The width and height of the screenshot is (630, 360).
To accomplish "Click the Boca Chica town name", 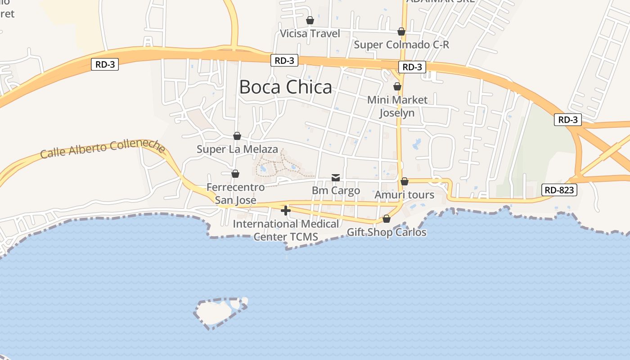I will tap(285, 87).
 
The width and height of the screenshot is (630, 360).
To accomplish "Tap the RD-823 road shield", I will tap(559, 190).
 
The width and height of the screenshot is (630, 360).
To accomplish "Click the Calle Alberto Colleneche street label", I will tap(103, 149).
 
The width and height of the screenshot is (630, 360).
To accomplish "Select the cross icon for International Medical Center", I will tap(285, 210).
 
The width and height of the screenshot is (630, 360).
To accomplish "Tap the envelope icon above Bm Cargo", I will tap(336, 178).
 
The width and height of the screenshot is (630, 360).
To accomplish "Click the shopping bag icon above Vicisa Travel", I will tap(310, 20).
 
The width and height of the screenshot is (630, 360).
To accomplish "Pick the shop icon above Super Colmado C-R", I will tap(401, 31).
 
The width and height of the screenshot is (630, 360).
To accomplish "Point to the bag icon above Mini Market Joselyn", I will tap(397, 86).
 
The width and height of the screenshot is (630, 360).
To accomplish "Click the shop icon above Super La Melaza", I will tap(237, 136).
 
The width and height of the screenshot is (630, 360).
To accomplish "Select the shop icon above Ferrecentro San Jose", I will tap(235, 174).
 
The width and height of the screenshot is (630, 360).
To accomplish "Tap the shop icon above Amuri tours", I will tap(404, 181).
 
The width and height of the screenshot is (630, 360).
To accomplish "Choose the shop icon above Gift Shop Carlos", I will tap(386, 219).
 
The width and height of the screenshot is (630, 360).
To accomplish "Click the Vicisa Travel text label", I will tap(310, 33).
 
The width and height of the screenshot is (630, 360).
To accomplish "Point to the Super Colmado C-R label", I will tap(401, 45).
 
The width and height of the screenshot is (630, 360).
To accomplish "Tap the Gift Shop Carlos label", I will tap(386, 232).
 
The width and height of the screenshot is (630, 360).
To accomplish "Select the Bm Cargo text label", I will tap(336, 190).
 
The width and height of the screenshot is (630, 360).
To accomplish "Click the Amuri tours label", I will tap(404, 194).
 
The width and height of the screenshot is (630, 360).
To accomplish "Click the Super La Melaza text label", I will tap(237, 149).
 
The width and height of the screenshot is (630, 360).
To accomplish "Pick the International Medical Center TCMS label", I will tap(286, 230).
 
